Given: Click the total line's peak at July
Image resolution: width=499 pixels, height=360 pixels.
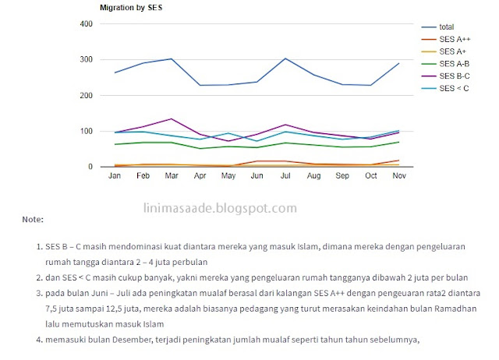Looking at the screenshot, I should point(285,58).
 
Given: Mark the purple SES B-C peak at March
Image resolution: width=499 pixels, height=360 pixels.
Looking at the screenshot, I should point(172,119).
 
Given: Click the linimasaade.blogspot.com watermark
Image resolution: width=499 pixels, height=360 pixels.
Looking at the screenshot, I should point(221,208).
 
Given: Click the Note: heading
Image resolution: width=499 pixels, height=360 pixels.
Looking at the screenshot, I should point(33,221).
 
